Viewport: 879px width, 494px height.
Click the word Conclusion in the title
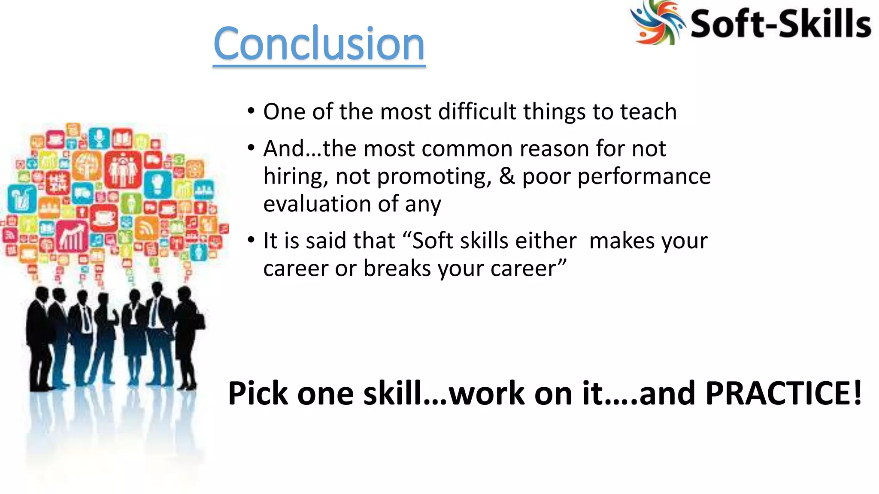click(319, 44)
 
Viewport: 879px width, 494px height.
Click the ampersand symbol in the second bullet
click(507, 176)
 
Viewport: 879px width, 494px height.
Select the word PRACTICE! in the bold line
click(783, 393)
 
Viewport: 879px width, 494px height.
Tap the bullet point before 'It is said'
click(251, 240)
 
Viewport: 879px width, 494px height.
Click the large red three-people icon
click(123, 169)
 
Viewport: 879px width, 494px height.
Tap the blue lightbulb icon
click(158, 184)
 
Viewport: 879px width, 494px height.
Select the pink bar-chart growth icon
click(72, 236)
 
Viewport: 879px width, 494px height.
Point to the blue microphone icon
click(100, 137)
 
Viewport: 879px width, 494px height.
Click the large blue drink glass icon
click(22, 199)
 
